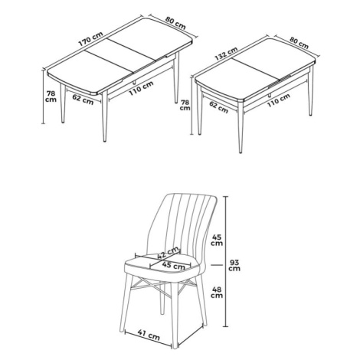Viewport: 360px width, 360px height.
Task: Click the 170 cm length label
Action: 90,39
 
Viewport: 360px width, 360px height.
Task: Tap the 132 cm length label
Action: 226,54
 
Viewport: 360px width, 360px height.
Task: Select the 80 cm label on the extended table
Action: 175,23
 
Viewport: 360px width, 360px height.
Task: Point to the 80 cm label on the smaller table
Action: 299,43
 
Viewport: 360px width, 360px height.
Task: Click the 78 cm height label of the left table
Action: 51,97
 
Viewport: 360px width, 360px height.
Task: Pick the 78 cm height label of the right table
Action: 185,105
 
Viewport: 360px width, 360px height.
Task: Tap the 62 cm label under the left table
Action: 83,100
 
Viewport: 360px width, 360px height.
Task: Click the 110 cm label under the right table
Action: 279,100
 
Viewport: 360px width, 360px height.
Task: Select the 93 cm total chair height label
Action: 234,265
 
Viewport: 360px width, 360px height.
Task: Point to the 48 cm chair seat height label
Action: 217,293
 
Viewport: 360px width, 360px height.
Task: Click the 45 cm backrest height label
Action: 217,240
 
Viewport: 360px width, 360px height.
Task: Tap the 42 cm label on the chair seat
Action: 169,253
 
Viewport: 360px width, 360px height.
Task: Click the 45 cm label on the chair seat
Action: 174,266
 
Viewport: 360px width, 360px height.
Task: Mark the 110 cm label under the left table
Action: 141,88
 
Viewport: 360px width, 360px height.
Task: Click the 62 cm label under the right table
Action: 219,107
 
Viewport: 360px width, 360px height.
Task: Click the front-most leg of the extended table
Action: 104,117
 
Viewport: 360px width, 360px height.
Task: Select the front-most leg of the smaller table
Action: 240,127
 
